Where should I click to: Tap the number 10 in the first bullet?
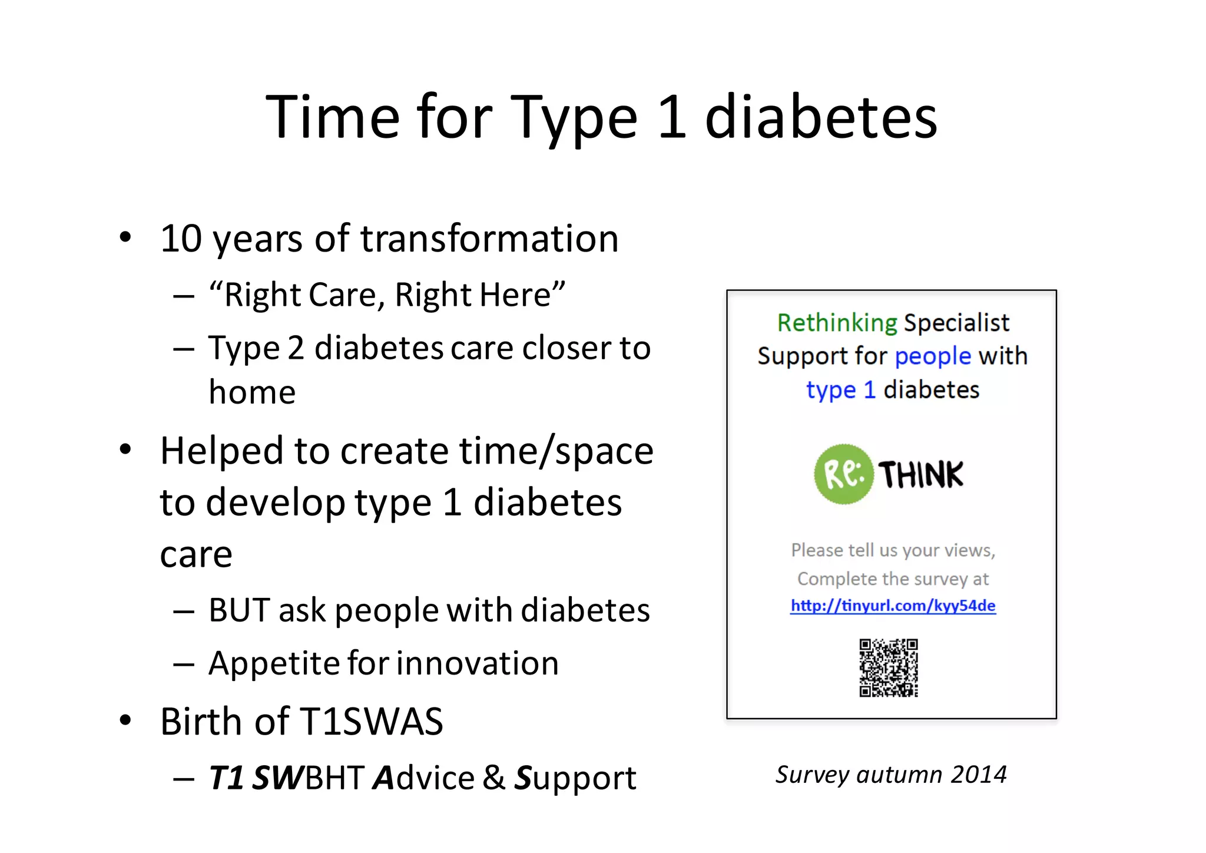[x=181, y=239]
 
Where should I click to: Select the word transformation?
[x=489, y=239]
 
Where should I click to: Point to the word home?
[x=252, y=392]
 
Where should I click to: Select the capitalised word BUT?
[x=238, y=610]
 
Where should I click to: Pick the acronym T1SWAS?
[x=371, y=722]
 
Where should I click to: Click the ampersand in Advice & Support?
[x=493, y=778]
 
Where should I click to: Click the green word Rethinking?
[x=837, y=323]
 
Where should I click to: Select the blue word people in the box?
[x=933, y=356]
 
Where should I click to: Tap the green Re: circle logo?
[x=843, y=474]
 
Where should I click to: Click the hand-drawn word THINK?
[x=920, y=474]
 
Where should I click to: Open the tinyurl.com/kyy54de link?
[x=893, y=606]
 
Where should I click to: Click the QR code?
[x=889, y=668]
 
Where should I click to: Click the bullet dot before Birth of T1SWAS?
[x=125, y=720]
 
